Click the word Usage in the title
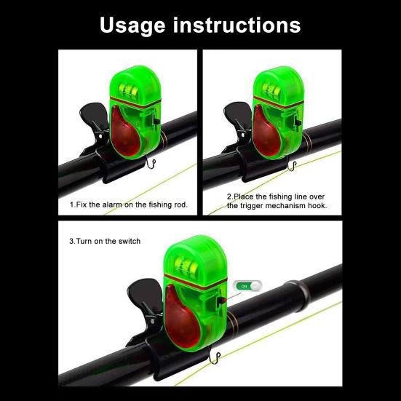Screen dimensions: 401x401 (132, 25)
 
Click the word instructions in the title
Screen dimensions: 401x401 (237, 25)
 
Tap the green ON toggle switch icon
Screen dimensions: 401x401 (248, 286)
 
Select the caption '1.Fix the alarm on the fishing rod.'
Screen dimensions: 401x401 (129, 205)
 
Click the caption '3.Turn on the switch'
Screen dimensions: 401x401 (105, 241)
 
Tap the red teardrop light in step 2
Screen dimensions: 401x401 (267, 132)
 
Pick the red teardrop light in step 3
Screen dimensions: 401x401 (182, 317)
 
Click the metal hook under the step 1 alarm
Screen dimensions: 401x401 (151, 164)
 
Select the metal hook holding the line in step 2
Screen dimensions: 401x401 (292, 166)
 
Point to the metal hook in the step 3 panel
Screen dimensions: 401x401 (215, 357)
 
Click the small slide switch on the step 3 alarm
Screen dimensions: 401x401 (221, 301)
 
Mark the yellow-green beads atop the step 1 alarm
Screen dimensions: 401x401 (129, 90)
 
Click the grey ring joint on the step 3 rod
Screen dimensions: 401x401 (298, 291)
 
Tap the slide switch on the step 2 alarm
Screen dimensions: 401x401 (298, 121)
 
